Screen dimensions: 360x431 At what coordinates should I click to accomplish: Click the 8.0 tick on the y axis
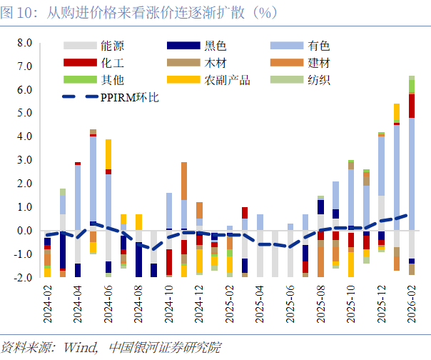[x=24, y=44]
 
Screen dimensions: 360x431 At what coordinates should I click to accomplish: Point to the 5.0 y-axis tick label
[x=24, y=114]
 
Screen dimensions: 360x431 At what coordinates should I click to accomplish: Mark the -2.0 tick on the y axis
[x=22, y=277]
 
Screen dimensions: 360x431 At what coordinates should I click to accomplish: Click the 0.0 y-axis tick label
[x=24, y=231]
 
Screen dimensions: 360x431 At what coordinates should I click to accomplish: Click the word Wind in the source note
[x=85, y=348]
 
